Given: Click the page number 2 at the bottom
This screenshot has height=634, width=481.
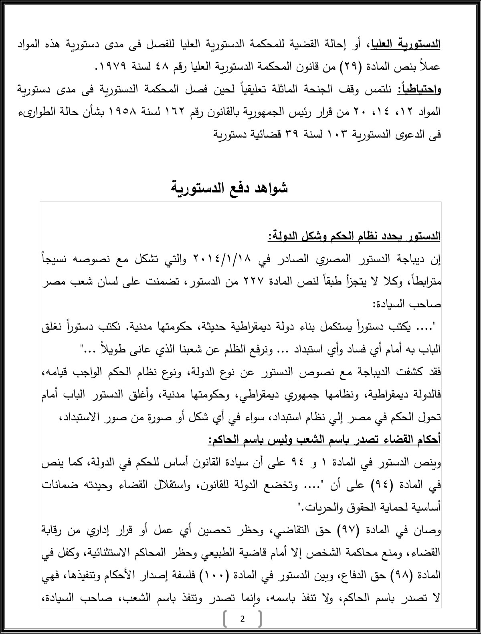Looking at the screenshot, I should click(242, 619).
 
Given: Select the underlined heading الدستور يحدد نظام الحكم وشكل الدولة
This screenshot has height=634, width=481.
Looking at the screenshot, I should click(354, 236).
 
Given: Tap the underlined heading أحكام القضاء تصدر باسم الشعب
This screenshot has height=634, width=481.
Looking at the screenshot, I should click(325, 439).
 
